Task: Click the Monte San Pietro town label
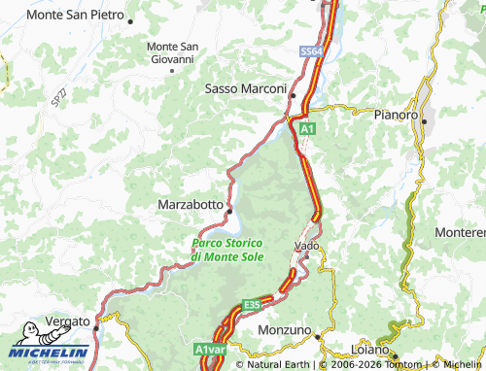point(73,16)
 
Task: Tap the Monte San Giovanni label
point(172,52)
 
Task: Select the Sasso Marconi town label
point(245,87)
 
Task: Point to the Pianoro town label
point(395,114)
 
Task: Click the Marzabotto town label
point(191,205)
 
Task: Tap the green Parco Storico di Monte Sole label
point(227,249)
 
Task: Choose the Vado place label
point(306,247)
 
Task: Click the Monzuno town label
point(286,330)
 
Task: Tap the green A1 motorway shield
point(307,127)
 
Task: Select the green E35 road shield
point(253,305)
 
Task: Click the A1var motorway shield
point(208,349)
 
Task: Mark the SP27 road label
point(60,97)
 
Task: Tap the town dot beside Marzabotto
point(230,207)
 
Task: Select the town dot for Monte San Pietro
point(131,19)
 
